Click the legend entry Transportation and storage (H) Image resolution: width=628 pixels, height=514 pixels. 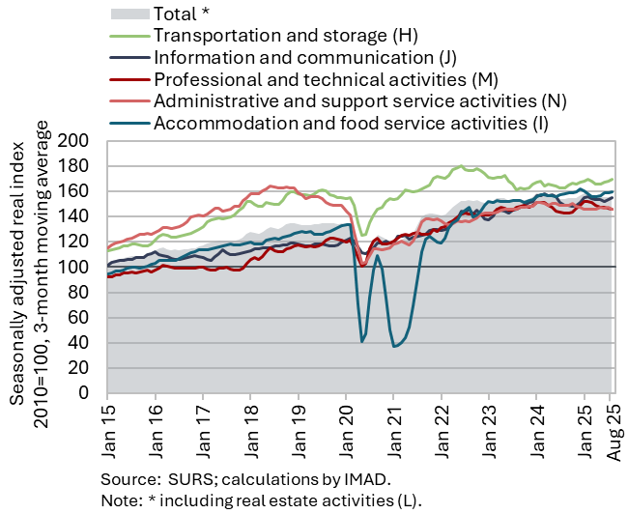[x=284, y=36]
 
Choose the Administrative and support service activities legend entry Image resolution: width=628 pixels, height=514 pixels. [x=359, y=100]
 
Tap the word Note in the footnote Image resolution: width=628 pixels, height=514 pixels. [x=119, y=500]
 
